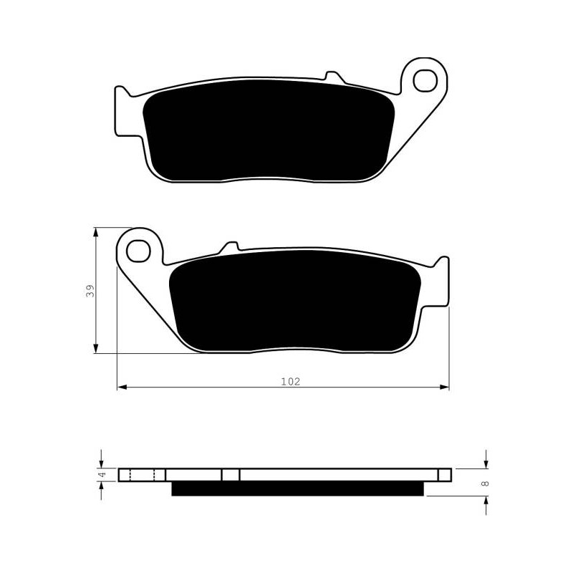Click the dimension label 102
(291, 382)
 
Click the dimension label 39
(90, 291)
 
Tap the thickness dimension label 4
(102, 474)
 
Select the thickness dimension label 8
(485, 483)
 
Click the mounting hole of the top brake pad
(425, 80)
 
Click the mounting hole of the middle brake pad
(138, 250)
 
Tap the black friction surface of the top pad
(269, 130)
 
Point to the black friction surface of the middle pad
(295, 301)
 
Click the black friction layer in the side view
(297, 488)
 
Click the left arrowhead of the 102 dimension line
(122, 387)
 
